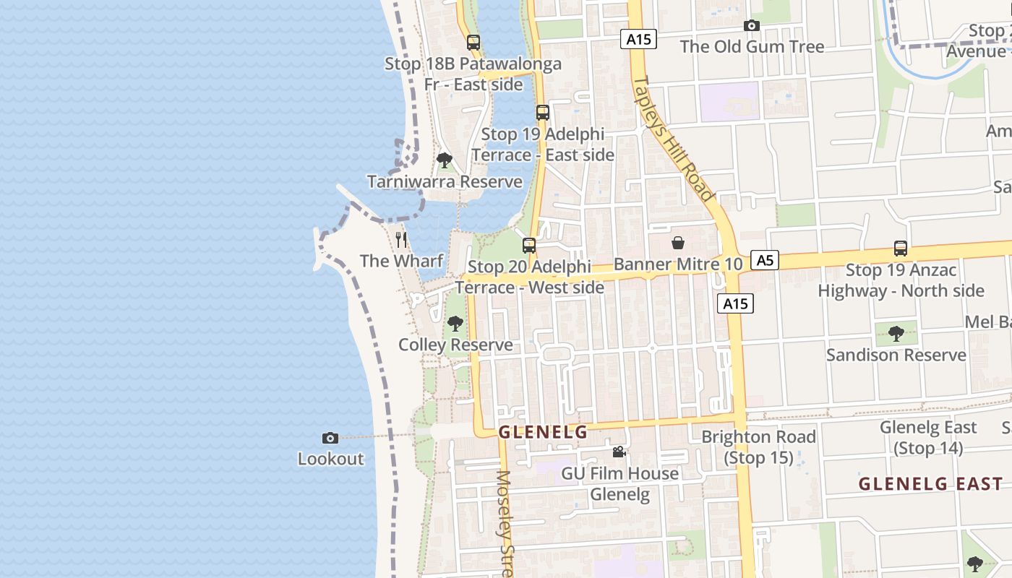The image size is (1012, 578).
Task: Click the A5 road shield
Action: pos(764,260)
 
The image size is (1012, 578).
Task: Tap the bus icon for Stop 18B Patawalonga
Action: pos(473,43)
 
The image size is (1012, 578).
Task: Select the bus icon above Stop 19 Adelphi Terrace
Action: pos(543,113)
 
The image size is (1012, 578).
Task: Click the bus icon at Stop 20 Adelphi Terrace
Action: pos(529,246)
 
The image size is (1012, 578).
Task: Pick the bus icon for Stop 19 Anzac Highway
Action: pos(901,249)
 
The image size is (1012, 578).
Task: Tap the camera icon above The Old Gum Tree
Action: pos(752,26)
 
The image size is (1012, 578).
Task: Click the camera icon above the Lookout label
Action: pos(330,438)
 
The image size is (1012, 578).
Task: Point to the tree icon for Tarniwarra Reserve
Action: pos(445,160)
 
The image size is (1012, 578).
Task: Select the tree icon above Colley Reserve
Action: pos(455,323)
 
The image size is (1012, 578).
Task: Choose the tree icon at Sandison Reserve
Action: pos(896,333)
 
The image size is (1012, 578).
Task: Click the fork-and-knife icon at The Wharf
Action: pos(402,239)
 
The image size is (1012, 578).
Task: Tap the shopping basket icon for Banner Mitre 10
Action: pos(678,243)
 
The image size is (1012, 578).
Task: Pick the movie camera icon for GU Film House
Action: pos(619,452)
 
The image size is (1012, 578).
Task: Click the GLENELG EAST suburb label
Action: pos(930,484)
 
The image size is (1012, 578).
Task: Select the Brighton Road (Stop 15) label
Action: pos(758,447)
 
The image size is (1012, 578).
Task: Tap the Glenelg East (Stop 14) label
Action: pos(928,438)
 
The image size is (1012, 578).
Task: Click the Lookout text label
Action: pos(331,459)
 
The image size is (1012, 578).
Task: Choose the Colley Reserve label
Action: pos(455,345)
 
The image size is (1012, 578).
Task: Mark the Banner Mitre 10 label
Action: pos(678,264)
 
